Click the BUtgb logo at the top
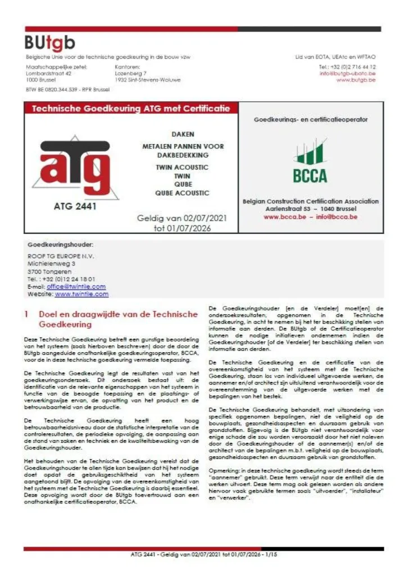pos(49,43)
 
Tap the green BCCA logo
pos(310,161)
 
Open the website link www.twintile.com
pos(81,294)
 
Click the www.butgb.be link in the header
pos(356,80)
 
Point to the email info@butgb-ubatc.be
pos(348,74)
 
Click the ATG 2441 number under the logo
pos(75,206)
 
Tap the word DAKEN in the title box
pos(183,135)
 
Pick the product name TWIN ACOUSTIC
pos(182,167)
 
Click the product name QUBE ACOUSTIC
pos(182,192)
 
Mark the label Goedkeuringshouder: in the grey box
pos(60,245)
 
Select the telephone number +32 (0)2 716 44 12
pos(347,67)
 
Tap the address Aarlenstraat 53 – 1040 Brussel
pos(310,209)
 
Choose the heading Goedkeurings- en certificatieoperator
pos(311,119)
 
